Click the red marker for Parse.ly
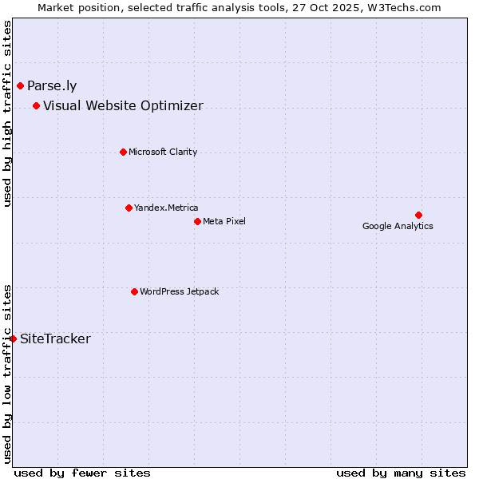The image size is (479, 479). point(20,85)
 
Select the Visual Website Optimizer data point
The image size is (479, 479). point(36,105)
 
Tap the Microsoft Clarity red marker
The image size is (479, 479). point(123,152)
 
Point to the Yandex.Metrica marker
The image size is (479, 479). point(129,208)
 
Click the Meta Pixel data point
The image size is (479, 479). point(197,221)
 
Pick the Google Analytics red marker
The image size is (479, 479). point(418,215)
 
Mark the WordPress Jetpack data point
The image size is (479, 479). point(134,291)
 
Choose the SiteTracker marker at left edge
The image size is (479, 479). point(13,338)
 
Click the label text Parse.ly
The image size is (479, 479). point(52,86)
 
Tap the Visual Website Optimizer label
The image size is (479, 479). point(123,106)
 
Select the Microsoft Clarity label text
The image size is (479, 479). point(163,152)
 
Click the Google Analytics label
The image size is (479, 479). point(398,226)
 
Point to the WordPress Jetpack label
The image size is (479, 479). point(179,291)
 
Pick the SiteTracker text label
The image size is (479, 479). point(55,339)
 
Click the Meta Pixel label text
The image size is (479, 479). point(224,221)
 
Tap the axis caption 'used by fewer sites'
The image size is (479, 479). point(82,473)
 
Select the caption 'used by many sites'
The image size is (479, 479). point(401,473)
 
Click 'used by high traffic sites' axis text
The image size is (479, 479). point(7,113)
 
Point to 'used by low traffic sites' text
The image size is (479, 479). point(7,373)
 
